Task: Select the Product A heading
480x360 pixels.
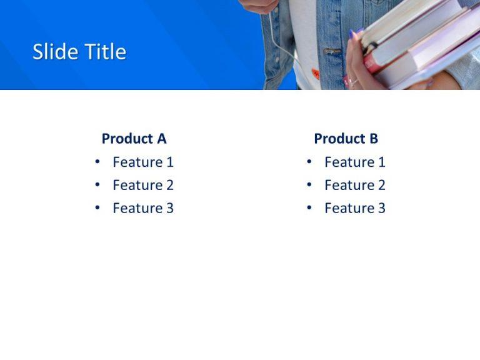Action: [x=134, y=139]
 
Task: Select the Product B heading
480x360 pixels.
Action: [x=346, y=139]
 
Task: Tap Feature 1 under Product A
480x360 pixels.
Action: [x=142, y=162]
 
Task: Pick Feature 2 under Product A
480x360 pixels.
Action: [x=142, y=186]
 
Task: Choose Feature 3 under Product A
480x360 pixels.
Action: [x=142, y=209]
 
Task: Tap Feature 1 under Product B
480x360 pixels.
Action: [x=354, y=162]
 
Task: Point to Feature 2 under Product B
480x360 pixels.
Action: [x=354, y=186]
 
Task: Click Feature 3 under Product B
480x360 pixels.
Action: [x=354, y=209]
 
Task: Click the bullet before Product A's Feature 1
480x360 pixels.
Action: [x=97, y=162]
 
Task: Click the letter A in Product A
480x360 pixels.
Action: [x=161, y=139]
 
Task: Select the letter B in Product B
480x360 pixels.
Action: [x=373, y=139]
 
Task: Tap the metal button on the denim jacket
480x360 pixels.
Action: [x=332, y=51]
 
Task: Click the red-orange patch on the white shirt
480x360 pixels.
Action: [x=316, y=73]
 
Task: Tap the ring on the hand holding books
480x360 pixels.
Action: [x=352, y=81]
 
